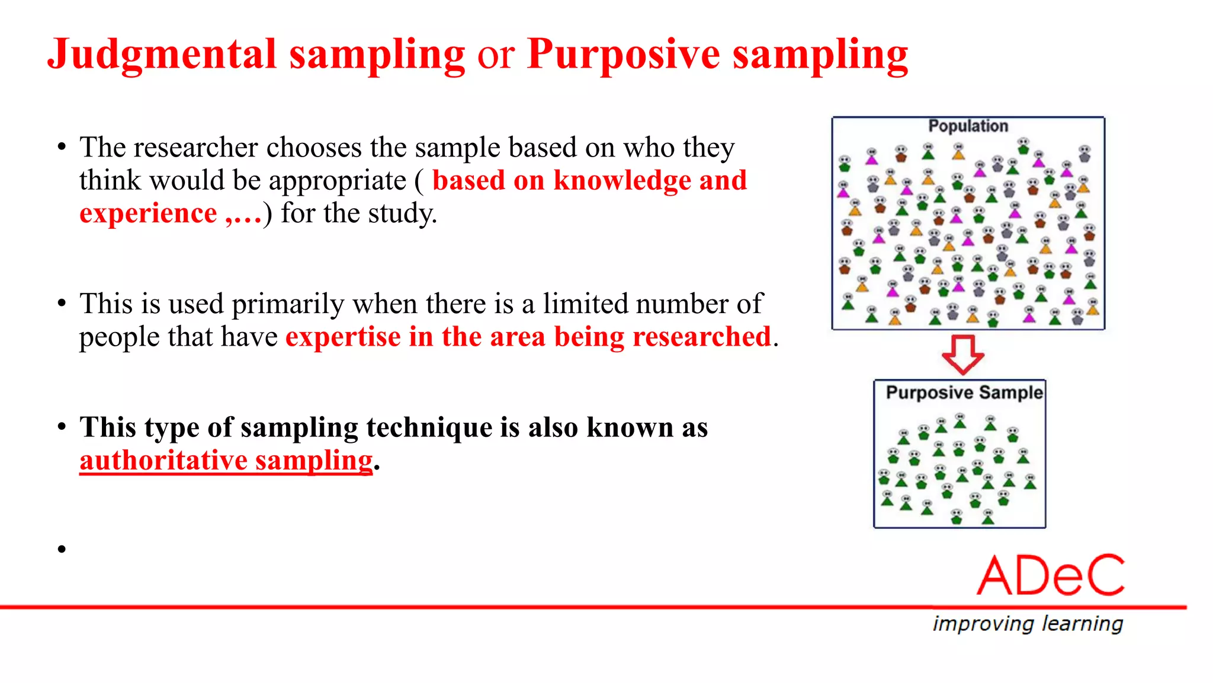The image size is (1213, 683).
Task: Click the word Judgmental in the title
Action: click(x=161, y=55)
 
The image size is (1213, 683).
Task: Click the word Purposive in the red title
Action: click(x=623, y=55)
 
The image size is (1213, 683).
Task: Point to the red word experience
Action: click(x=148, y=213)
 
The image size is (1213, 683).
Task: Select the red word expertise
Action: click(x=343, y=337)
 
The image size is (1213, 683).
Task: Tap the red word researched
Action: click(x=702, y=337)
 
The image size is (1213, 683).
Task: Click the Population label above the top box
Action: click(x=968, y=126)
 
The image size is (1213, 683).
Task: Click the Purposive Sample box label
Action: click(x=964, y=392)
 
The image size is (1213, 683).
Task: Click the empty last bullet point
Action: click(x=62, y=549)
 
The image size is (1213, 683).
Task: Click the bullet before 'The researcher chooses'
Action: click(x=62, y=148)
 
